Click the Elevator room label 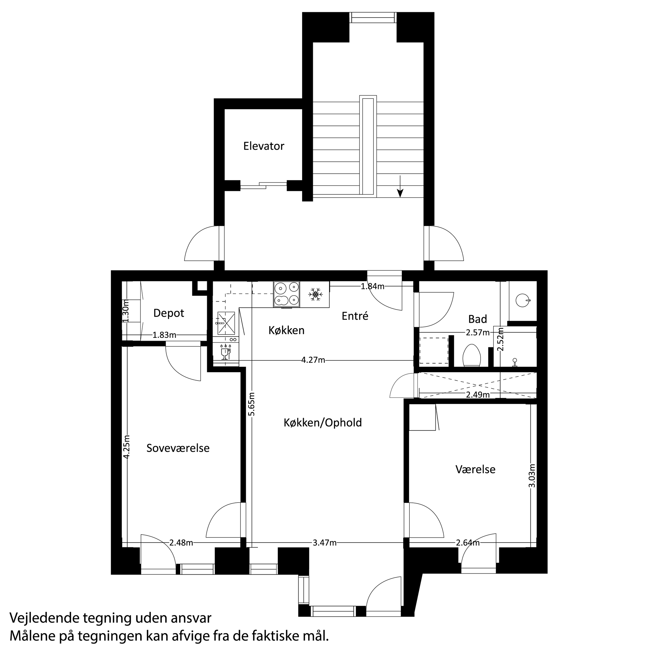pyautogui.click(x=264, y=146)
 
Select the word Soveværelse pyautogui.click(x=178, y=448)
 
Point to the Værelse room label pyautogui.click(x=475, y=470)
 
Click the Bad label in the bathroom pyautogui.click(x=478, y=319)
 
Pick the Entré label pyautogui.click(x=355, y=316)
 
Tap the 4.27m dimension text pyautogui.click(x=313, y=360)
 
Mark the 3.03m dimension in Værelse pyautogui.click(x=532, y=475)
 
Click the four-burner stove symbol pyautogui.click(x=286, y=294)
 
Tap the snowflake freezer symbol pyautogui.click(x=315, y=294)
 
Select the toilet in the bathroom pyautogui.click(x=472, y=356)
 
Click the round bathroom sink pyautogui.click(x=522, y=300)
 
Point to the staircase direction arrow pyautogui.click(x=400, y=187)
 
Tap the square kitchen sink pyautogui.click(x=226, y=323)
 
